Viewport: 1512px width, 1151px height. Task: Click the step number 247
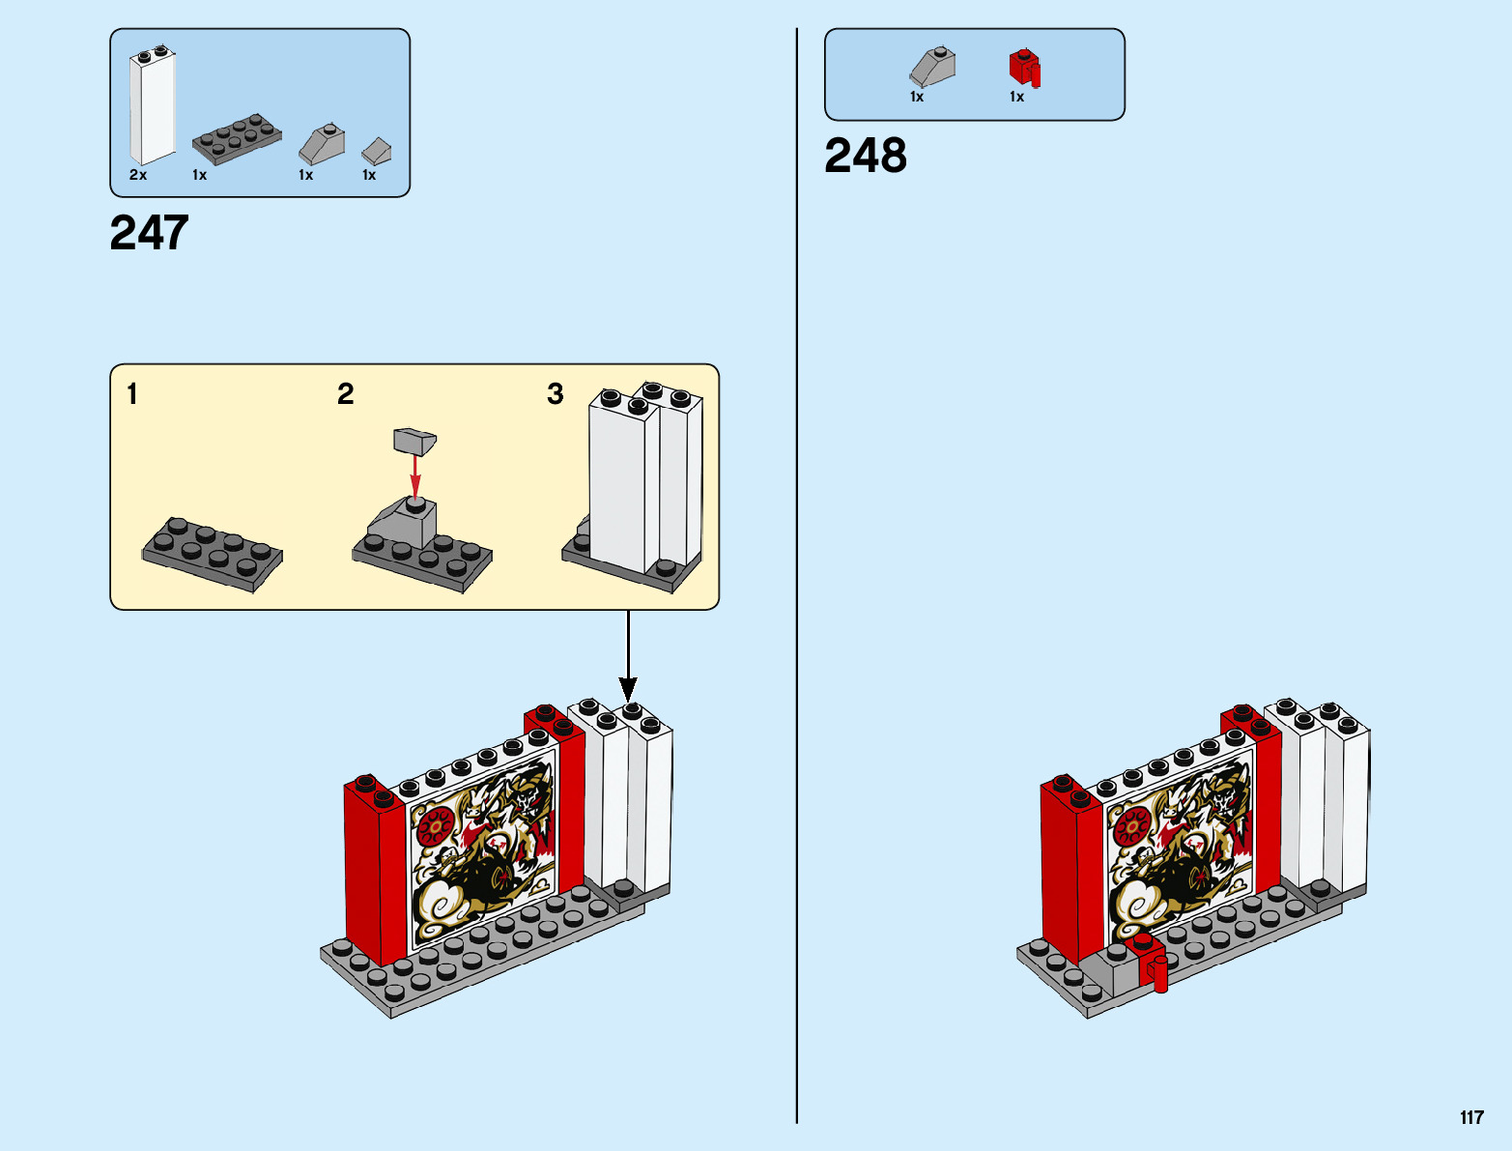tap(149, 234)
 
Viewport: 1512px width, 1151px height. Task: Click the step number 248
tap(865, 156)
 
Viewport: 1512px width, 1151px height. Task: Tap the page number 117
tap(1471, 1118)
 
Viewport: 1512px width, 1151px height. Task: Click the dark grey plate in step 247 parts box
tap(237, 140)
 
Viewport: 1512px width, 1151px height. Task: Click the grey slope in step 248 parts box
tap(932, 68)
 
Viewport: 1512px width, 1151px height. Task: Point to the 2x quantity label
tap(138, 175)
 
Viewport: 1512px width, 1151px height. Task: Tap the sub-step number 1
tap(132, 394)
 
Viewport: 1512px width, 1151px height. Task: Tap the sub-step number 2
tap(345, 394)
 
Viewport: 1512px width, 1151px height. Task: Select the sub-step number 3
tap(555, 394)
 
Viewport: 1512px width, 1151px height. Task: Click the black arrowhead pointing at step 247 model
tap(628, 690)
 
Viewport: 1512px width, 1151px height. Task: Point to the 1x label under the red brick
tap(1016, 97)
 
